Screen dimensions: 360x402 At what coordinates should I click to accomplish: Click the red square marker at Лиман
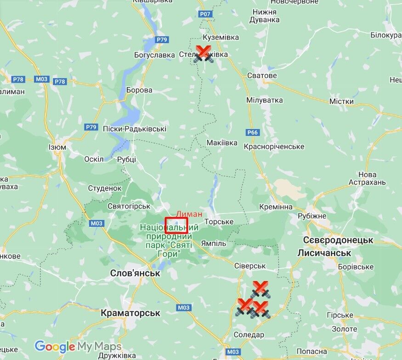(176, 225)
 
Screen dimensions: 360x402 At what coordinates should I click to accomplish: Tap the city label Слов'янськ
(135, 273)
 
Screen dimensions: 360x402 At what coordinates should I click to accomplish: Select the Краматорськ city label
(130, 313)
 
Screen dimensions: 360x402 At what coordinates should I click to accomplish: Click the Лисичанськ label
(324, 253)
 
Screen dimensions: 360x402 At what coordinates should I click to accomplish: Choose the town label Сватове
(262, 75)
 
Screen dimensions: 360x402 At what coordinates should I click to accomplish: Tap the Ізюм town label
(57, 147)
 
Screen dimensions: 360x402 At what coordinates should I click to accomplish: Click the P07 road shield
(205, 14)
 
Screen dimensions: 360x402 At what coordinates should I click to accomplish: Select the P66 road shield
(253, 133)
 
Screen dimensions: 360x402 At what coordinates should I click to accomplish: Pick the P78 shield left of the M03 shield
(18, 79)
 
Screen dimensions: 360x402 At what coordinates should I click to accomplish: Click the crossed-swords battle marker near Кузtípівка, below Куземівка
(203, 54)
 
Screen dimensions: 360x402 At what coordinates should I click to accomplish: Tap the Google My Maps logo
(78, 346)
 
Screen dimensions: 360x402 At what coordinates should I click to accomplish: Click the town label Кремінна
(276, 207)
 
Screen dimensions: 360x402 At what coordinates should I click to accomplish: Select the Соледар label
(249, 335)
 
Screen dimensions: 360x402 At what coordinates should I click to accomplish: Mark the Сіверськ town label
(250, 266)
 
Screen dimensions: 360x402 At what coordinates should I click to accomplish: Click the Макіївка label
(222, 143)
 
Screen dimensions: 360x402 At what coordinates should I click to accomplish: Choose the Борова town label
(139, 90)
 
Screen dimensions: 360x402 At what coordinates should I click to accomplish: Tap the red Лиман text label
(189, 214)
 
